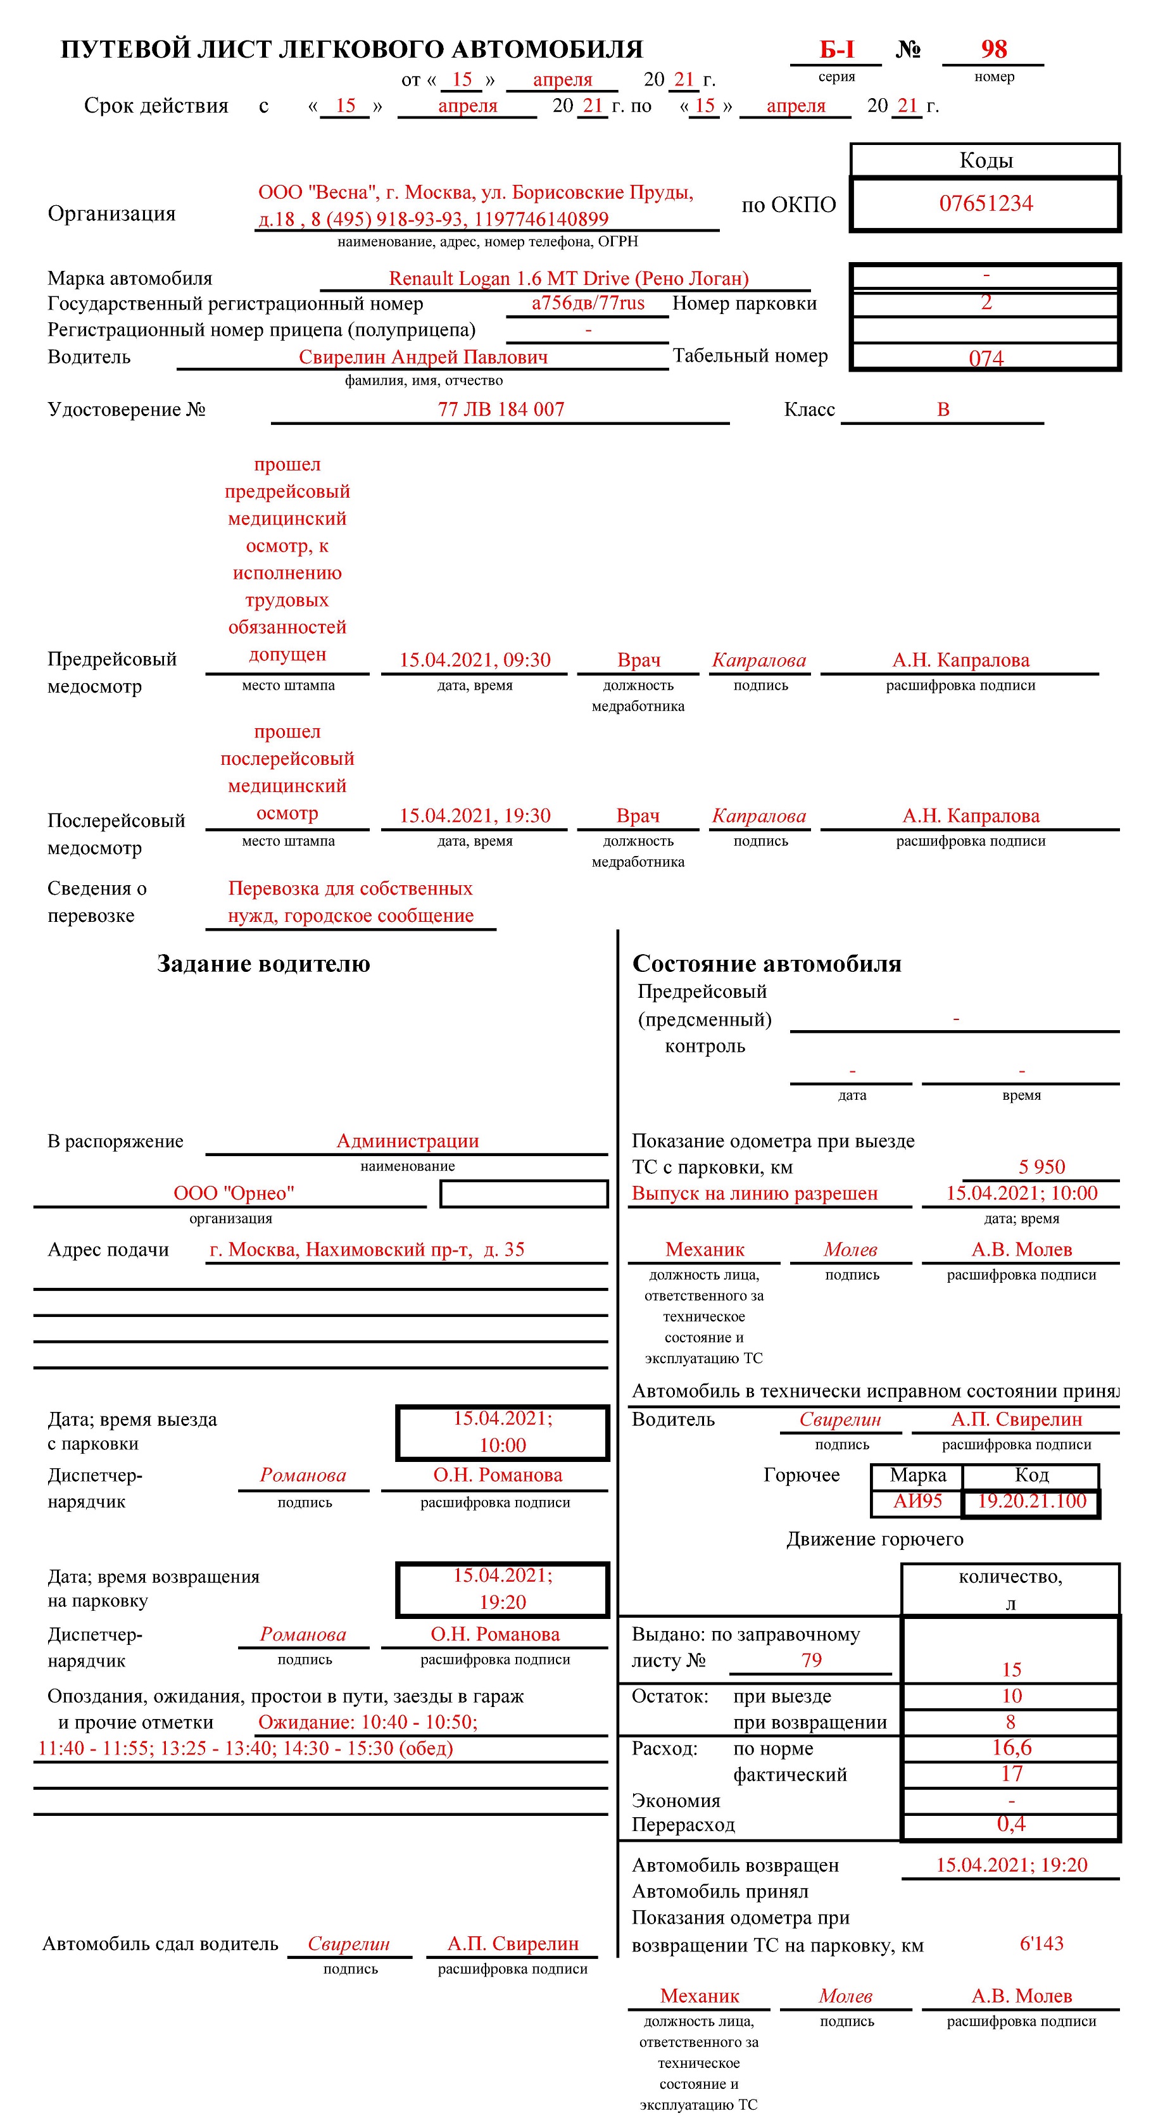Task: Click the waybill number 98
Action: [x=993, y=49]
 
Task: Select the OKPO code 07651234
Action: [x=985, y=204]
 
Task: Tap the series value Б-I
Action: [x=836, y=50]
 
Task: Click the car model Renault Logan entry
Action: [x=569, y=279]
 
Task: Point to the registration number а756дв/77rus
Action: [x=588, y=303]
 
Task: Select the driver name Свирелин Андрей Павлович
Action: [x=422, y=356]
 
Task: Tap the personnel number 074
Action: [x=985, y=358]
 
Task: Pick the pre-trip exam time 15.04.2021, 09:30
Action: [x=475, y=660]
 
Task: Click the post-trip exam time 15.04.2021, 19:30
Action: [x=475, y=816]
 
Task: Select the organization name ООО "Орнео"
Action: [x=234, y=1193]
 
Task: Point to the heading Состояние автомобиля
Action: [x=766, y=964]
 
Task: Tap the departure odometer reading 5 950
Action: [x=1041, y=1166]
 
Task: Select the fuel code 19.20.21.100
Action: [x=1031, y=1501]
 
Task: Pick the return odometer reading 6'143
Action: [x=1041, y=1944]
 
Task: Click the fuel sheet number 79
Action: [x=811, y=1659]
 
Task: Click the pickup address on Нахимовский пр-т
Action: [x=367, y=1249]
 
